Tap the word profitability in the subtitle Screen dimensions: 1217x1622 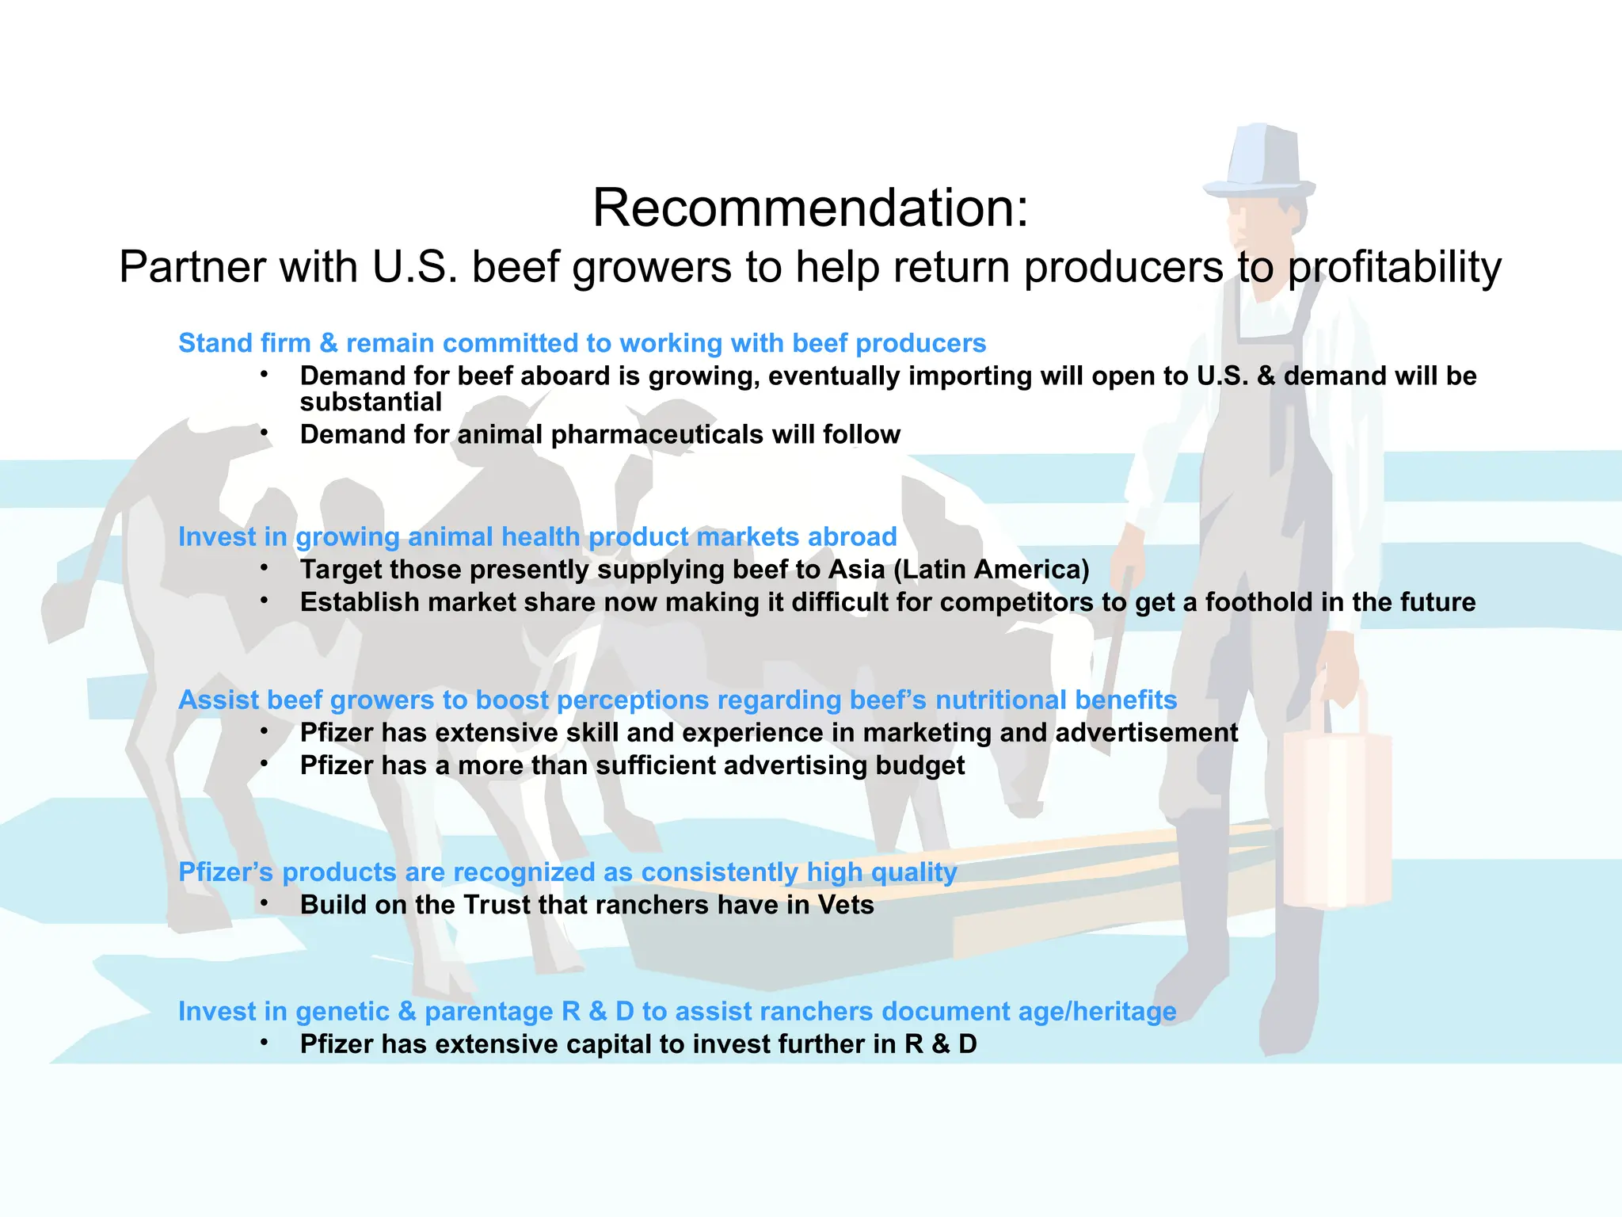coord(1394,268)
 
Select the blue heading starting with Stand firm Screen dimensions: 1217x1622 coord(582,343)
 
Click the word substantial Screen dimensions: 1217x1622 coord(371,402)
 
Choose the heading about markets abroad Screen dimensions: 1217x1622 coord(537,537)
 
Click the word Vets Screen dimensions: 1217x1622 coord(846,905)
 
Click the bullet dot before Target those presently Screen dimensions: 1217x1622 coord(265,568)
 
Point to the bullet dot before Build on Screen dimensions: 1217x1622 coord(265,903)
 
